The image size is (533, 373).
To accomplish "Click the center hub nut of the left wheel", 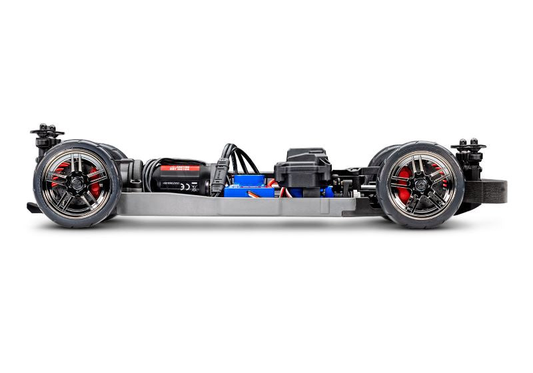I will click(x=76, y=180).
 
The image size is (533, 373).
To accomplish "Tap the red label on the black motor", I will click(x=180, y=169).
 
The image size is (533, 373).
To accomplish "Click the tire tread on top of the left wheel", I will click(x=77, y=143).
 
